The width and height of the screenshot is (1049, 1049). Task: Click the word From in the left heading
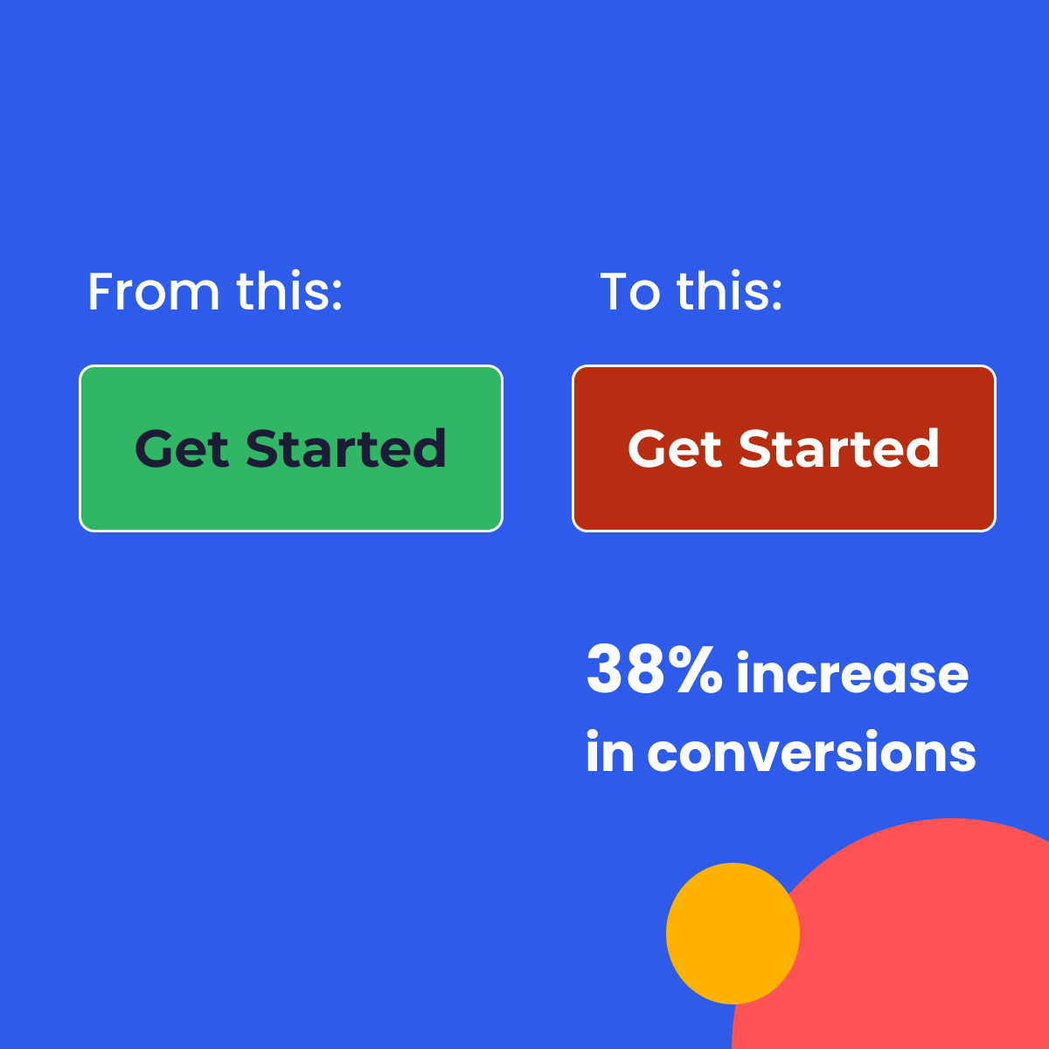click(x=153, y=292)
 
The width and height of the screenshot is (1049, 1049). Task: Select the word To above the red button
click(x=629, y=292)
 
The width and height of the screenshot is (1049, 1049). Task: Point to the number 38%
click(x=654, y=670)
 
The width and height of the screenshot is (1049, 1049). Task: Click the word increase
click(x=852, y=674)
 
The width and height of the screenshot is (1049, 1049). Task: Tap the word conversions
click(x=811, y=753)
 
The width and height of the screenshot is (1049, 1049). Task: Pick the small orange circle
click(x=733, y=933)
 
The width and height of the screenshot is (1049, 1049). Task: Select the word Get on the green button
click(x=182, y=449)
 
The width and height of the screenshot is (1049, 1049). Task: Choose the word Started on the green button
click(x=346, y=449)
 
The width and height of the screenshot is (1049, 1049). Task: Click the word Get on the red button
click(x=675, y=449)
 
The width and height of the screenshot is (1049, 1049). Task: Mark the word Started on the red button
click(x=839, y=449)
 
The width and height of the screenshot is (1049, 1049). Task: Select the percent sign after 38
click(x=698, y=671)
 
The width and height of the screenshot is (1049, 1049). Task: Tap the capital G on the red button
click(x=648, y=449)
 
